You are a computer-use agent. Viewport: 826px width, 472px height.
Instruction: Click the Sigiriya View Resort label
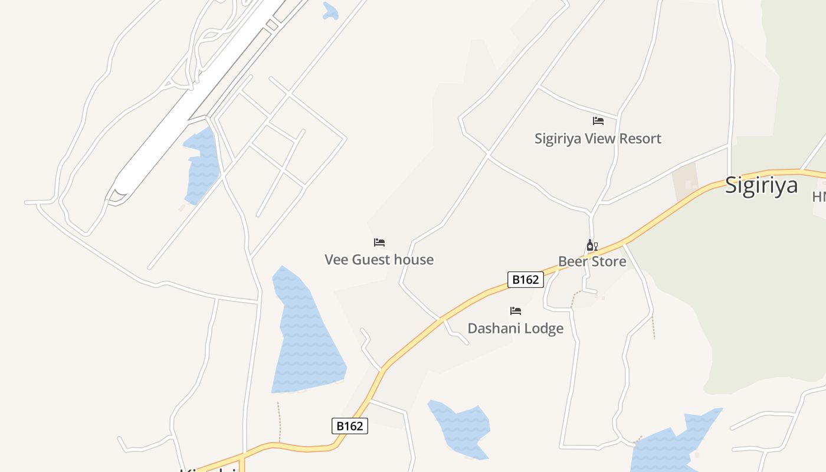coord(598,139)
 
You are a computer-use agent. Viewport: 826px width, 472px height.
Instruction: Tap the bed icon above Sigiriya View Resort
coord(598,121)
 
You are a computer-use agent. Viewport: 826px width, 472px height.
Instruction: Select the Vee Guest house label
coord(379,260)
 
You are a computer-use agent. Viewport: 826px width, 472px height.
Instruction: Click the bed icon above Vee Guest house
coord(379,242)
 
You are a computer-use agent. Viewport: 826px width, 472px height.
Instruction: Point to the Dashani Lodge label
coord(515,329)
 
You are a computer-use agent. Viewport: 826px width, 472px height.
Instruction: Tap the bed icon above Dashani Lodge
coord(516,311)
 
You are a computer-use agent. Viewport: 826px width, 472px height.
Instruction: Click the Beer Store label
coord(592,261)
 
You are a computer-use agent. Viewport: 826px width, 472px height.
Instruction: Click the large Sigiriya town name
coord(761,185)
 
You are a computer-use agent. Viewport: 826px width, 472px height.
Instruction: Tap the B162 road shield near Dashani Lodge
coord(525,280)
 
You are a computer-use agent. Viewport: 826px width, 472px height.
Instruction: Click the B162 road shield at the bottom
coord(349,426)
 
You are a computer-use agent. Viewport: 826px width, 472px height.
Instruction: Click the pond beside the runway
coord(202,165)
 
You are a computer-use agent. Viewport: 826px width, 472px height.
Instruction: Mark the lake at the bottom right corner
coord(673,445)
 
